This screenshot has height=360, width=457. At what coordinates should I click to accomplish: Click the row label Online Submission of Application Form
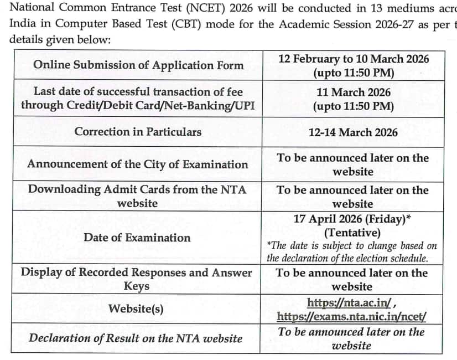[138, 65]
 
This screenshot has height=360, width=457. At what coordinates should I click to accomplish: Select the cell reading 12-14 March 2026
[353, 132]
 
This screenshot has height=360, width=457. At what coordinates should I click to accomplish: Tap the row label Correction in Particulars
[138, 132]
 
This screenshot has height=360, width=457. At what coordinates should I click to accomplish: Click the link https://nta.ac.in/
[350, 302]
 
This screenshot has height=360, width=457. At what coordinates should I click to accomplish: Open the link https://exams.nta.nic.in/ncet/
[352, 317]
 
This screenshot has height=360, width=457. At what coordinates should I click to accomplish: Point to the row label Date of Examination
[137, 238]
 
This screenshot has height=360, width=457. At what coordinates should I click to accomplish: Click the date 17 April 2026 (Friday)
[352, 219]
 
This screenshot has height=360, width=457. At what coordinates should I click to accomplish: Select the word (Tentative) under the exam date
[352, 232]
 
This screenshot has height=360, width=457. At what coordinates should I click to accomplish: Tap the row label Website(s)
[136, 308]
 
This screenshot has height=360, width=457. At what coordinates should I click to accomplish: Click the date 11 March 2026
[354, 92]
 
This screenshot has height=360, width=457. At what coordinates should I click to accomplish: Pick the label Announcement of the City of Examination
[138, 164]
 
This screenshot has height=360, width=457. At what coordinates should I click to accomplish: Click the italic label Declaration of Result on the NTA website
[136, 338]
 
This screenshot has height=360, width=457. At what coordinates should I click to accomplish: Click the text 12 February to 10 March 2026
[354, 59]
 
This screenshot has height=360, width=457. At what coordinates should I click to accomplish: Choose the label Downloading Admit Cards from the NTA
[137, 189]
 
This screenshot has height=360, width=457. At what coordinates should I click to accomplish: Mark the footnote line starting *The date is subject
[352, 245]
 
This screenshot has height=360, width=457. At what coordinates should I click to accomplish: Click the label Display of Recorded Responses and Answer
[136, 272]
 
